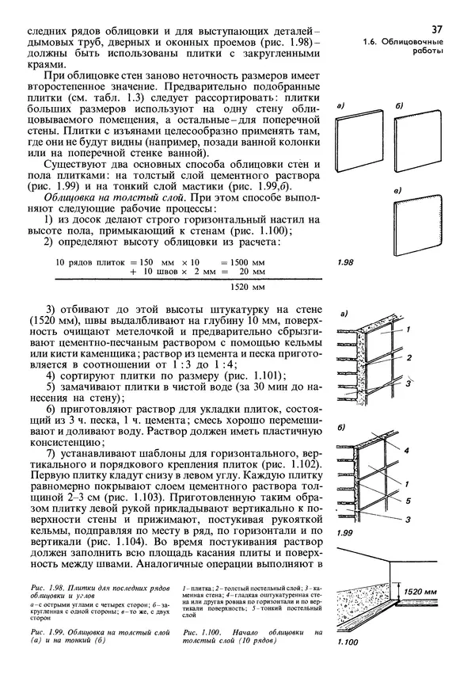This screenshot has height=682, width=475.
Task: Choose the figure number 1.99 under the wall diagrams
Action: coord(346,535)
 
